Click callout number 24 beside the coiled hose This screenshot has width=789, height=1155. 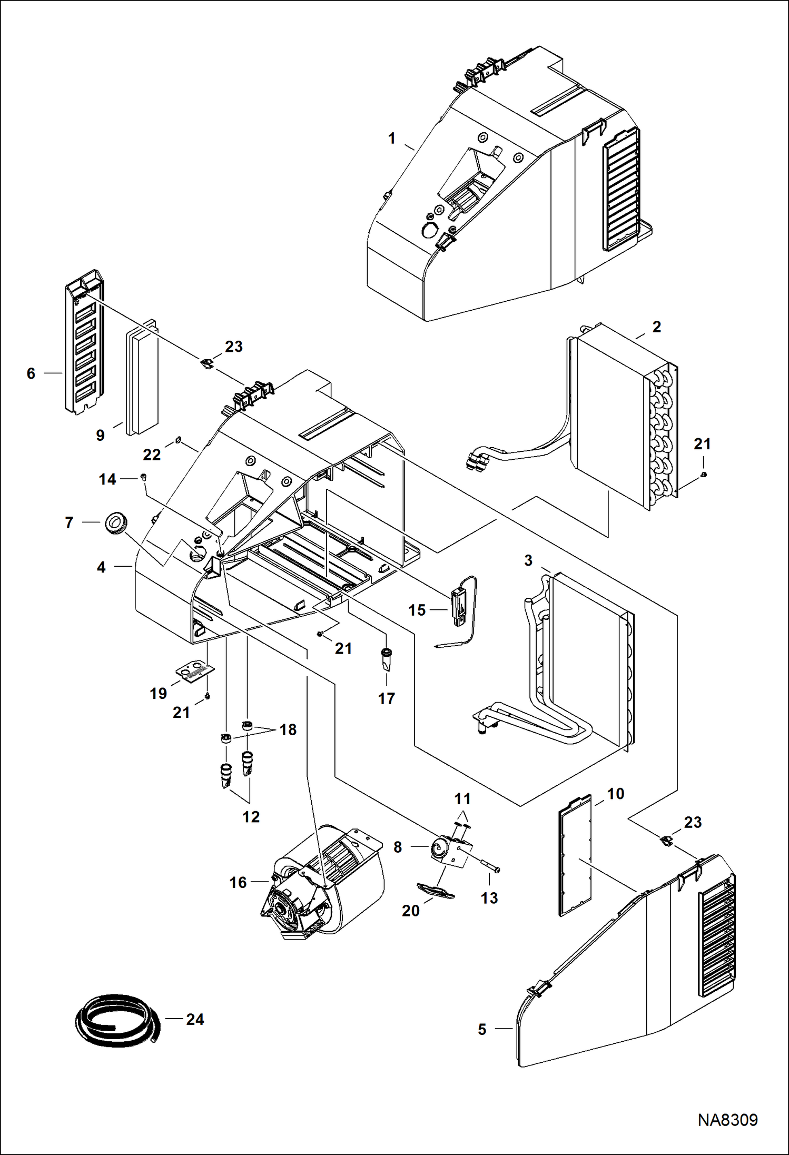(x=194, y=1019)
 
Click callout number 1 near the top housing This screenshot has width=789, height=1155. (x=391, y=139)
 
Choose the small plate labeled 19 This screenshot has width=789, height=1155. (x=194, y=673)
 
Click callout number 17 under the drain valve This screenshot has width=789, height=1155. (x=386, y=698)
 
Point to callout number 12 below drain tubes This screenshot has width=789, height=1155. (x=251, y=816)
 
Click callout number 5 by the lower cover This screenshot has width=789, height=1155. (x=482, y=1029)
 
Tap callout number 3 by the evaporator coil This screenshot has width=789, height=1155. (x=528, y=560)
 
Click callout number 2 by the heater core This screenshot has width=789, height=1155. (x=656, y=327)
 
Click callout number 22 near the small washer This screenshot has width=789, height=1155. (x=152, y=455)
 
